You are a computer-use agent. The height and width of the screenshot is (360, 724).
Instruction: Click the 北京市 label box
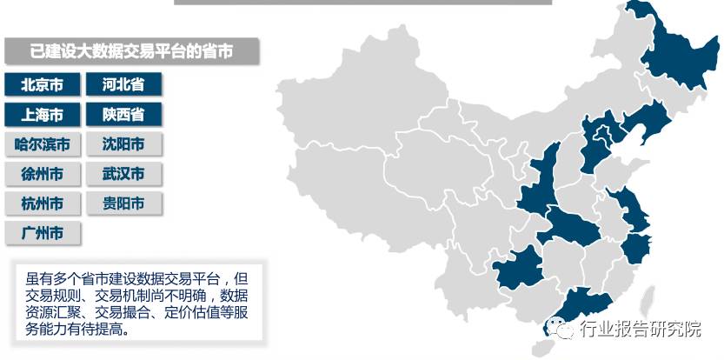[42, 84]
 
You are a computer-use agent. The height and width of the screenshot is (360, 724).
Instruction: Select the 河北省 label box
[123, 84]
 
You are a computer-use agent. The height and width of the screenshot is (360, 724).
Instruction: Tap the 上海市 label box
[42, 115]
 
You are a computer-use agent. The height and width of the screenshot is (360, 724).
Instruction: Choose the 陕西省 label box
[123, 115]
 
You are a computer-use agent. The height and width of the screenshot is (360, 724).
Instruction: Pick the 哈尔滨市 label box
[42, 144]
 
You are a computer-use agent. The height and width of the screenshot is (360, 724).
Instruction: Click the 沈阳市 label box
[123, 144]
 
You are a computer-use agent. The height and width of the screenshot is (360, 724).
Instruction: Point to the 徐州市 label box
[42, 174]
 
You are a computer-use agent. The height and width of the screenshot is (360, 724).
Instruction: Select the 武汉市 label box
[123, 174]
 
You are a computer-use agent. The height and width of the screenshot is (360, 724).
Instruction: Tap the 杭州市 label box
[42, 203]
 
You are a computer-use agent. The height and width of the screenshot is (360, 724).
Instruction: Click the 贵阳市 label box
[123, 203]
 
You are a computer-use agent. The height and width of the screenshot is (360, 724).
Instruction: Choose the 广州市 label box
[42, 233]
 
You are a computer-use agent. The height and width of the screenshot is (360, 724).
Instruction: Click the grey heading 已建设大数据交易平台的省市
[131, 51]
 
